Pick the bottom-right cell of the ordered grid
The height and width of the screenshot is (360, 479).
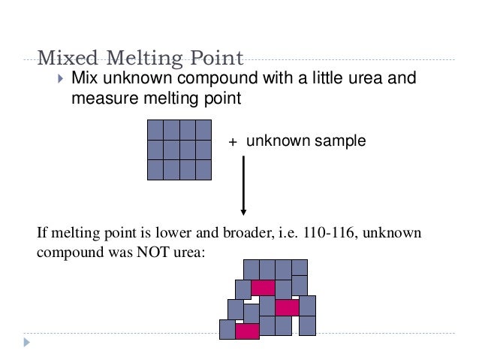(203, 169)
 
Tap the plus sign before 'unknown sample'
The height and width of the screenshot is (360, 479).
(233, 141)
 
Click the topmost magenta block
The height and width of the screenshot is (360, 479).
(263, 288)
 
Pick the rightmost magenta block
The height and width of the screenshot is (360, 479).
(287, 307)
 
